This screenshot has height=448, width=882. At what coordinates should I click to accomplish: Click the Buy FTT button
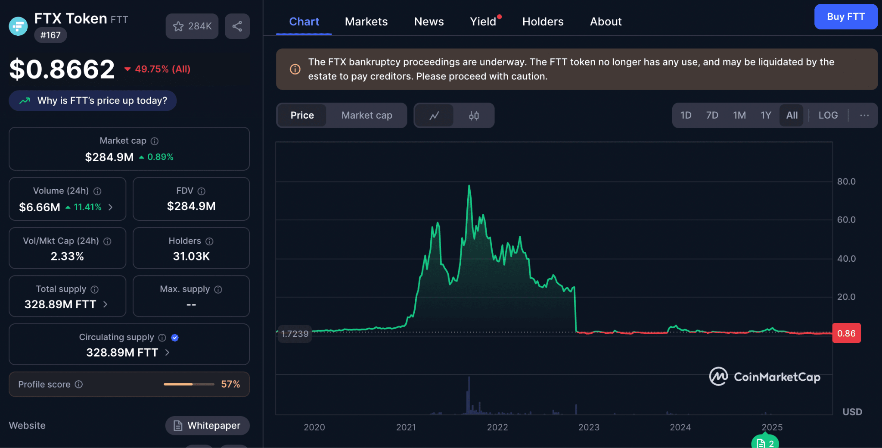tap(846, 17)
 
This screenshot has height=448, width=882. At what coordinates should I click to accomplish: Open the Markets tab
tap(366, 22)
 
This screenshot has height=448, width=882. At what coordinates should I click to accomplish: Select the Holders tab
tap(543, 22)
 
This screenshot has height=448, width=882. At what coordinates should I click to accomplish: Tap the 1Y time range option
tap(766, 115)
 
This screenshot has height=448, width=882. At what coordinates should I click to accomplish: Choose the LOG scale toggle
tap(828, 115)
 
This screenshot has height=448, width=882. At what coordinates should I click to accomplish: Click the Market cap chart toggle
tap(366, 115)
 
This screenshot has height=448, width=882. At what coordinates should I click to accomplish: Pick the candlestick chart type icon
tap(474, 116)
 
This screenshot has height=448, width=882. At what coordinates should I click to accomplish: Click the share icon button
tap(237, 26)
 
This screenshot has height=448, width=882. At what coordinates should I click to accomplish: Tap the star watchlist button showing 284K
tap(192, 26)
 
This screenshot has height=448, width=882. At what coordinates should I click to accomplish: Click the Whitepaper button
tap(208, 426)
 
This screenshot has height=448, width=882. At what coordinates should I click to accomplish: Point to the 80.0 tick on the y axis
tap(846, 182)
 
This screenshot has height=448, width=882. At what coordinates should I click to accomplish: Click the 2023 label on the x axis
tap(589, 427)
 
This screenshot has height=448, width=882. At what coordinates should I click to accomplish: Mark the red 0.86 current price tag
tap(846, 333)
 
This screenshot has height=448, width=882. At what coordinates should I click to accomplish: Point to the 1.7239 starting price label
tap(295, 334)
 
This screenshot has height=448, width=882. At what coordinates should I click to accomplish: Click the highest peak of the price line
tap(469, 185)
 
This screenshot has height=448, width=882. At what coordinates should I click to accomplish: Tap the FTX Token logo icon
tap(18, 26)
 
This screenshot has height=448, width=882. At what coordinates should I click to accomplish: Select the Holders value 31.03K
tap(191, 256)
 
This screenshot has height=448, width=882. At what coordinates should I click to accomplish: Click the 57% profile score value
tap(230, 384)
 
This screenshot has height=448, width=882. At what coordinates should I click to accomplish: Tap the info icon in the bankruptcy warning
tap(295, 69)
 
